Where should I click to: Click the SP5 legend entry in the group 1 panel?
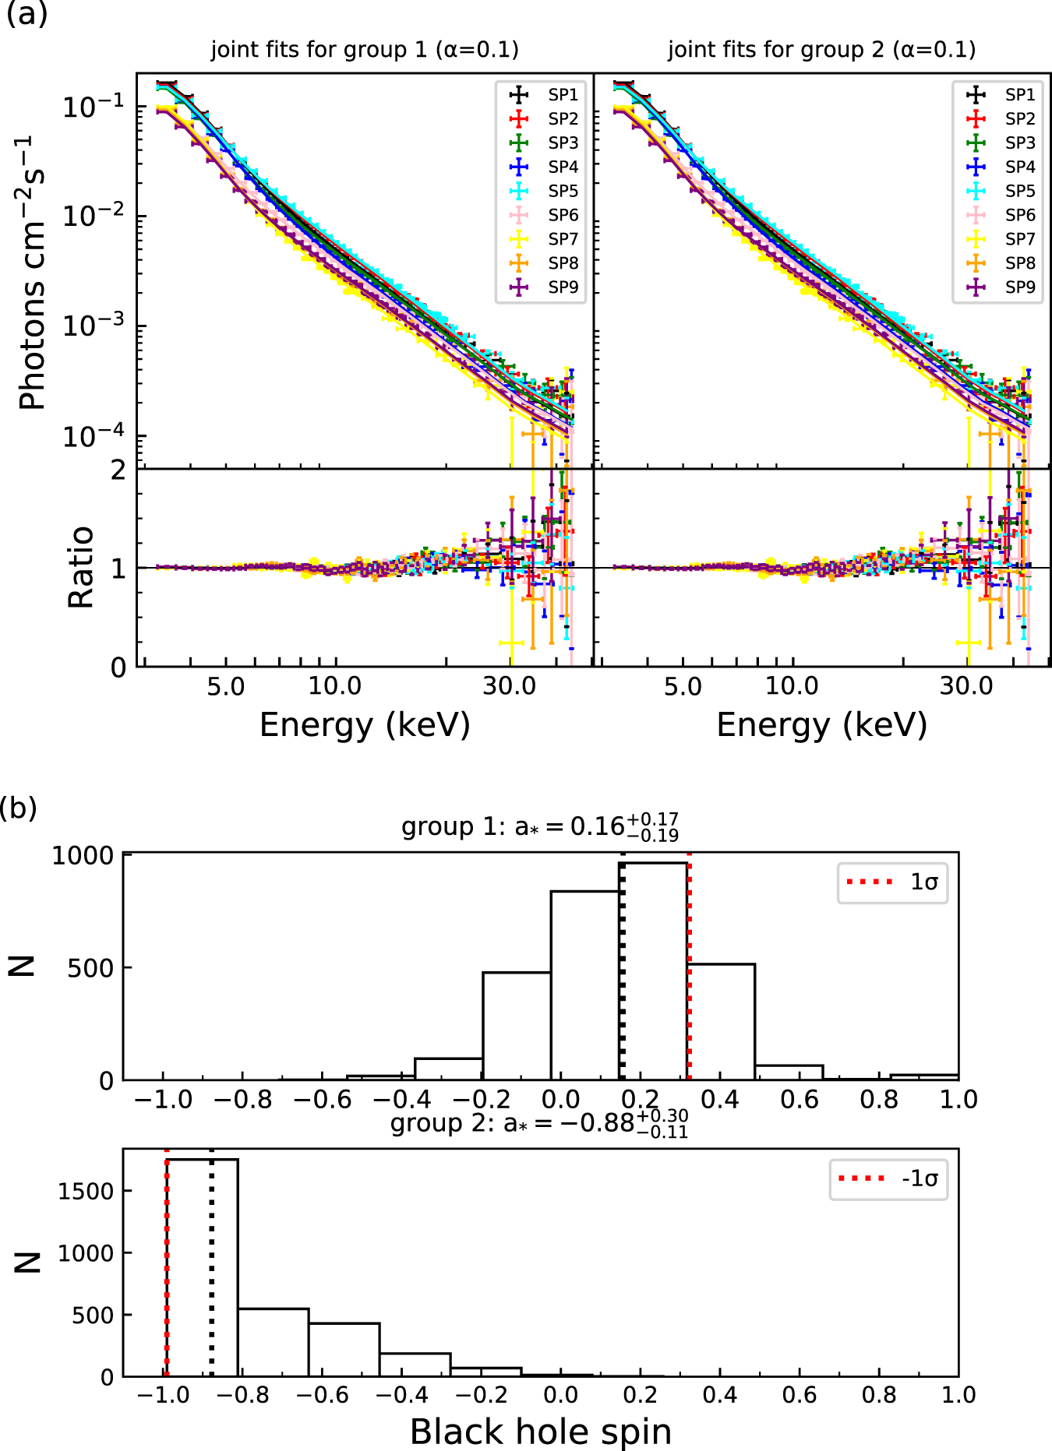(562, 191)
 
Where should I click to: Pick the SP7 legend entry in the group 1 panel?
(562, 239)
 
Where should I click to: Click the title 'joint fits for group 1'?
(365, 50)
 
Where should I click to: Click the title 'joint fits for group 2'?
(821, 50)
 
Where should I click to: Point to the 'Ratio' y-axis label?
(81, 567)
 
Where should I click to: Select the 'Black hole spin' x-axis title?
(540, 1432)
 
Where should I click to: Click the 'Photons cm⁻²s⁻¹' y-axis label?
(33, 273)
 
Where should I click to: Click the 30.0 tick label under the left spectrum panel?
(509, 686)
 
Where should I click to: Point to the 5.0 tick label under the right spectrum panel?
(683, 686)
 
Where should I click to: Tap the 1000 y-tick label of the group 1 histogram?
(83, 856)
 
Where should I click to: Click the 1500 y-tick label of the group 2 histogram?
(86, 1191)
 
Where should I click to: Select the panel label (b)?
(19, 808)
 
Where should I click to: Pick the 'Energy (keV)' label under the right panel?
(821, 725)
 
